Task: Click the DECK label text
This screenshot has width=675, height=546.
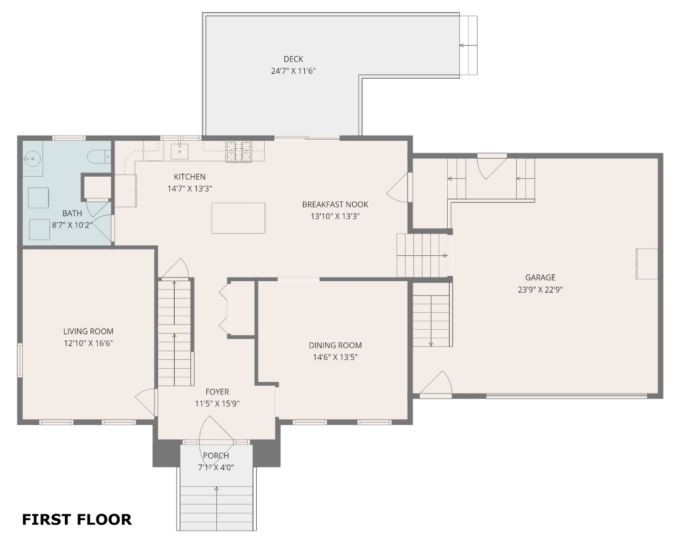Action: click(293, 59)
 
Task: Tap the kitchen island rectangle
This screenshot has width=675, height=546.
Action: click(238, 218)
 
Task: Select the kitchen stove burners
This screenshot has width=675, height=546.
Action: click(239, 152)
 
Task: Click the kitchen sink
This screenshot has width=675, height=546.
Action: click(179, 151)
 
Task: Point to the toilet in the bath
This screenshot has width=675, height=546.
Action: click(99, 157)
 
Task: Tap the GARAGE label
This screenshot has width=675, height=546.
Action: click(540, 277)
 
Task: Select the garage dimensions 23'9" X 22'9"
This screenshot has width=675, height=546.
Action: click(540, 290)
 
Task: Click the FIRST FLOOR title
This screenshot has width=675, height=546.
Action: click(76, 520)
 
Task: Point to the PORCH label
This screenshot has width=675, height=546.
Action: click(216, 456)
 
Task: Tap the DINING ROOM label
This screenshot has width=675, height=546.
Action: click(335, 346)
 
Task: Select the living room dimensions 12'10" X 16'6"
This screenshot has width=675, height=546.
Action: click(89, 343)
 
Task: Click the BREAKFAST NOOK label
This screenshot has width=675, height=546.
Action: click(335, 205)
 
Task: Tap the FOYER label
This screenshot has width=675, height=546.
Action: click(217, 392)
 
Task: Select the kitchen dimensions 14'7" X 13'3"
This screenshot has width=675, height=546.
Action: click(189, 189)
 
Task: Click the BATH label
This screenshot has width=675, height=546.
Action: click(72, 214)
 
